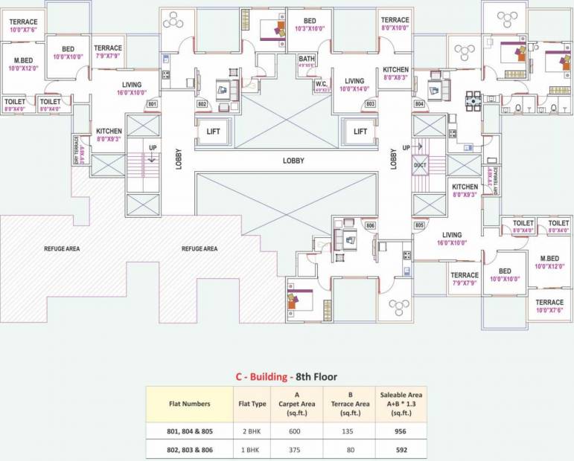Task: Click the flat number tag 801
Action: [x=152, y=104]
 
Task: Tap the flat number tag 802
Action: [x=201, y=104]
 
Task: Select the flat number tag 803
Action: [x=370, y=104]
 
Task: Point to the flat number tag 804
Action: [x=419, y=104]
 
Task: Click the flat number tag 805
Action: [x=419, y=225]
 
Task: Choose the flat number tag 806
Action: [x=370, y=225]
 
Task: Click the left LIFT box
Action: [x=214, y=132]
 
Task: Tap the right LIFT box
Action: [x=360, y=132]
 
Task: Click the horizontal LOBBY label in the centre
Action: [x=294, y=161]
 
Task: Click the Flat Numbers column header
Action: [x=190, y=404]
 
